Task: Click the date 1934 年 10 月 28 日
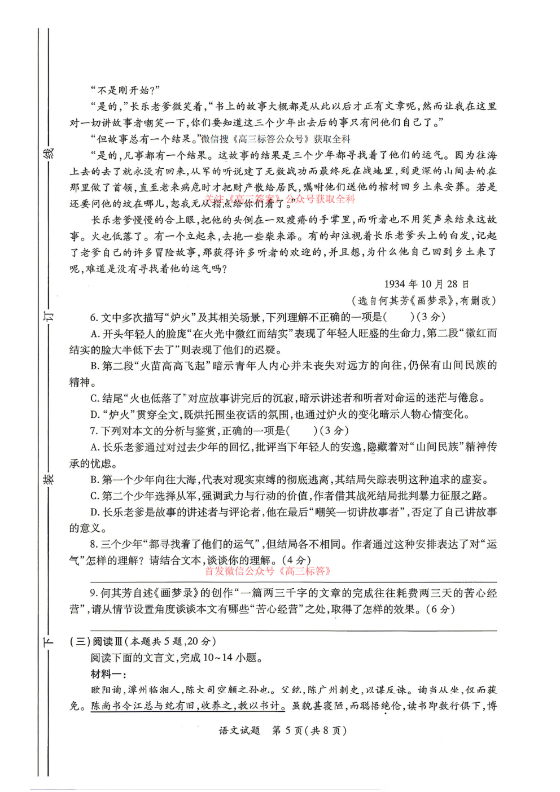point(426,284)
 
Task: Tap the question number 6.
point(94,317)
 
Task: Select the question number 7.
point(94,431)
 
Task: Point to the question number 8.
point(94,544)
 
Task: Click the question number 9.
point(94,593)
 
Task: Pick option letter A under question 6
point(95,334)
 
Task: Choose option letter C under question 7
point(95,496)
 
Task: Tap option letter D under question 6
point(95,414)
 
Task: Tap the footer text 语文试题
point(239,730)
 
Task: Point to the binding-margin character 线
point(49,153)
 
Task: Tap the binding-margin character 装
point(49,479)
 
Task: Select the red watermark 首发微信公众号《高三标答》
point(268,571)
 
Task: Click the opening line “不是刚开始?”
point(125,90)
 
